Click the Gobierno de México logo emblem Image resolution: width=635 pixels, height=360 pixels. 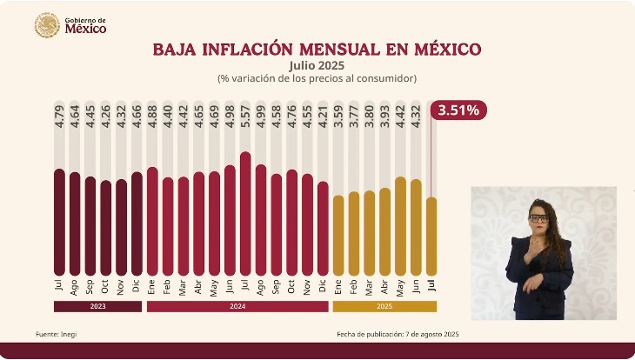pos(47,25)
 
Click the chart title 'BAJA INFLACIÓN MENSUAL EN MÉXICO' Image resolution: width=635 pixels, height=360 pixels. pos(317,49)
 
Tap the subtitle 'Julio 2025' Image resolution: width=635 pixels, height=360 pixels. pos(317,65)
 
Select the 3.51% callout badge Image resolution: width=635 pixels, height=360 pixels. pos(461,110)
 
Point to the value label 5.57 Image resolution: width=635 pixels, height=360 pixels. pos(245,115)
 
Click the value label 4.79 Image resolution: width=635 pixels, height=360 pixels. pos(59,115)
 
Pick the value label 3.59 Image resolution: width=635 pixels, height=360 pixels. pos(338,115)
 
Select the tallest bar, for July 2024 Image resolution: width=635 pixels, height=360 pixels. pos(245,213)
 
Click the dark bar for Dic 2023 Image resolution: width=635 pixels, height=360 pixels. pos(137,223)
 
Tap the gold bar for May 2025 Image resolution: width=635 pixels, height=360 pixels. pos(400,225)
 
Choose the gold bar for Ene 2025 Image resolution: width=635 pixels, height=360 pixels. pos(338,234)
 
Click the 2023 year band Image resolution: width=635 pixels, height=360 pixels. pos(97,306)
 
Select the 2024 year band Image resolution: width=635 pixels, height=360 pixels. pos(237,306)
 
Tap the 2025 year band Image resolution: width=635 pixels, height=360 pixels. pos(384,306)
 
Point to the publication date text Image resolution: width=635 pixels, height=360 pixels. pos(398,334)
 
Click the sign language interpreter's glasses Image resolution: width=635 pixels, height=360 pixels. pos(539,217)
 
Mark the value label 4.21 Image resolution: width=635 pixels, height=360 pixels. pos(323,115)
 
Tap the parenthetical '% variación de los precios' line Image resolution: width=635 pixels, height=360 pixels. pos(317,78)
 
